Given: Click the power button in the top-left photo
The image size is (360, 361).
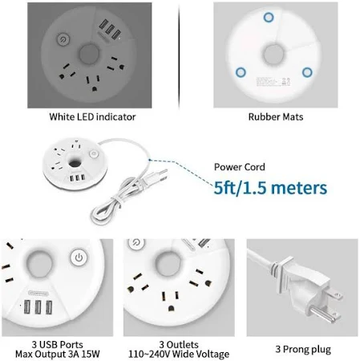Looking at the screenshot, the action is pos(63,39).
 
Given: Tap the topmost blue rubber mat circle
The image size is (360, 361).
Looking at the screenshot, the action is pos(269,18).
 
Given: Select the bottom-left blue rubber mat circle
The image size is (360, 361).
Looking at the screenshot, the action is pos(241,72).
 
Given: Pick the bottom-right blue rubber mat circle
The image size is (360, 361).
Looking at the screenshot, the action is pos(307,72).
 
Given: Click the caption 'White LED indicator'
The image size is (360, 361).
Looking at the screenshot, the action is pos(92,117).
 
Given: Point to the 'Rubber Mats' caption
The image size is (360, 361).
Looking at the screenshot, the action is pos(276,117).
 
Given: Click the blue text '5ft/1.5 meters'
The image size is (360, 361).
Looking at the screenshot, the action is pos(270,188).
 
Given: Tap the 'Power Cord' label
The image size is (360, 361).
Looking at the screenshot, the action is pos(240,167).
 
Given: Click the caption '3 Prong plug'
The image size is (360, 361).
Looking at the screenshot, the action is pos(303,349).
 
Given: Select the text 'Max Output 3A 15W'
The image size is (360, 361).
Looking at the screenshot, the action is pos(58,354).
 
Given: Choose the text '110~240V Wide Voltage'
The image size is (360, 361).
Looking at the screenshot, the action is pos(179,354).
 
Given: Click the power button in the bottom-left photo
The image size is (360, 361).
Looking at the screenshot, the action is pos(79,258).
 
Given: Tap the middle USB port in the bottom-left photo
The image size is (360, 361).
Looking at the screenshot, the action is pos(38,307).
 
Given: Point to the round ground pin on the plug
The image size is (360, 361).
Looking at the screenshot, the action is pos(322,314).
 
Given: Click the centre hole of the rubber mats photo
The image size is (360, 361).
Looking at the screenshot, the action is pos(273,55).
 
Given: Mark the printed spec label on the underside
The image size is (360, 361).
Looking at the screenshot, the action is pos(273,82).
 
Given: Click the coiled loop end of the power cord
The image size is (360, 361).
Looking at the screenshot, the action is pos(100,214).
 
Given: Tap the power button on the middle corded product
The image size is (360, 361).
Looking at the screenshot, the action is pos(94,154).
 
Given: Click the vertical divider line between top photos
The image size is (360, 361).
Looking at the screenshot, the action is pos(179,56).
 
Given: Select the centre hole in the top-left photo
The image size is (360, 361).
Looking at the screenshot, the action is pos(89,55).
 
